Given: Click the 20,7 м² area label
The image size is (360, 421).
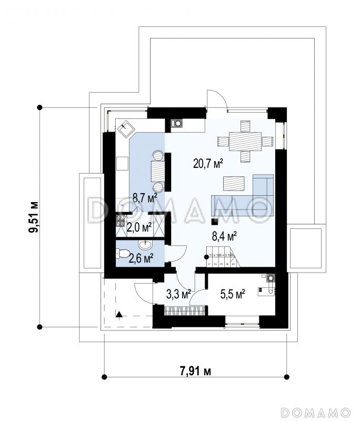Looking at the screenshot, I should (208, 164).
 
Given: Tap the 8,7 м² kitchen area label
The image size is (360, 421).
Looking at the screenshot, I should (145, 198).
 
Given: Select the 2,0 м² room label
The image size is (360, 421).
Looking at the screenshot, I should (139, 227).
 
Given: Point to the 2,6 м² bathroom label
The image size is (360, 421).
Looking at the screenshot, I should (141, 258).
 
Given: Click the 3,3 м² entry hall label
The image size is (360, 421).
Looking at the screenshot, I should (178, 295).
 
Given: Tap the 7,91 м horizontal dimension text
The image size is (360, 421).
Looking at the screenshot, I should (193, 371).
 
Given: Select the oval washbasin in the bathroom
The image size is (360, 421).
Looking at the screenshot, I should (145, 245).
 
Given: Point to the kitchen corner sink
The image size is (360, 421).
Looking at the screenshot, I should (128, 127).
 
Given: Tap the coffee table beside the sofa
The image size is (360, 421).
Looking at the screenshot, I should (235, 183).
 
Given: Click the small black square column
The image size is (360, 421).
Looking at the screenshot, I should (215, 222).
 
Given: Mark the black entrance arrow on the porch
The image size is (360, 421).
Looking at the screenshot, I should (120, 315).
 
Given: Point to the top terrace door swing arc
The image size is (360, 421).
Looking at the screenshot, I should (217, 99).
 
